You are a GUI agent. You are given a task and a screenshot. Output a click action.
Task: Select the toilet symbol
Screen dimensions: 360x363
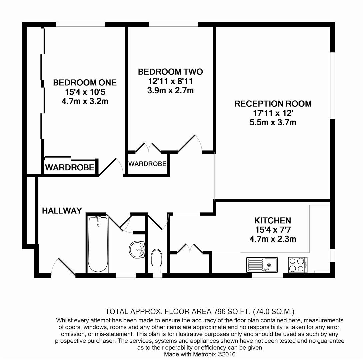(157, 260)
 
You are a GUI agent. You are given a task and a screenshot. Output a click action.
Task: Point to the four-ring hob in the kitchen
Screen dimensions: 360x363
(297, 265)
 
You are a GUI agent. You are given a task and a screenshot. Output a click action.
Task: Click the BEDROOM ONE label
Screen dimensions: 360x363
(85, 82)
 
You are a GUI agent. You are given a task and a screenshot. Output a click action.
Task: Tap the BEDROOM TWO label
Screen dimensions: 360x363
(170, 72)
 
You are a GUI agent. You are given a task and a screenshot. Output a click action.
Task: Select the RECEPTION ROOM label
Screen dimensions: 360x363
(273, 104)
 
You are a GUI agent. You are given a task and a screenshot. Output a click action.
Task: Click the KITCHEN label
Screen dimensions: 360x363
(273, 220)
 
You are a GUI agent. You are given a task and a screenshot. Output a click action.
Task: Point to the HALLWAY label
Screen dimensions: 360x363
(62, 211)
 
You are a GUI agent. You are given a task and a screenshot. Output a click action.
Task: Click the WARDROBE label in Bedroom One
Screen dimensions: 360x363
(70, 167)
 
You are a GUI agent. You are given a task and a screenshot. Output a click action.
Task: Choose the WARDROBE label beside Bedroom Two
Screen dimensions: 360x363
(147, 164)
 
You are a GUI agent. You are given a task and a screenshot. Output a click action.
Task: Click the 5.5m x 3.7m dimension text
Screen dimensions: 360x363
(273, 122)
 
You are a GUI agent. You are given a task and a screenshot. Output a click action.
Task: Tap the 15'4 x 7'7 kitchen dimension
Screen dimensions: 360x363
(273, 230)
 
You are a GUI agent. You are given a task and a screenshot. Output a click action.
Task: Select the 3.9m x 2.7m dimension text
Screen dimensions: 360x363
(170, 90)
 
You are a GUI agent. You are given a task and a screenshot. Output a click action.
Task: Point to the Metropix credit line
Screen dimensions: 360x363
(200, 354)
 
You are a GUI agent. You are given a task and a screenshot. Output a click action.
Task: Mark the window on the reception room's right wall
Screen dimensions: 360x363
(332, 85)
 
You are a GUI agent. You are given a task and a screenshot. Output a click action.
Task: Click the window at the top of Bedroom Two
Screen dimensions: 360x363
(173, 24)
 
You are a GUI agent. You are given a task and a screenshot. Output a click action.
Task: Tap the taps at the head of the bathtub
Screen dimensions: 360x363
(98, 218)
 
